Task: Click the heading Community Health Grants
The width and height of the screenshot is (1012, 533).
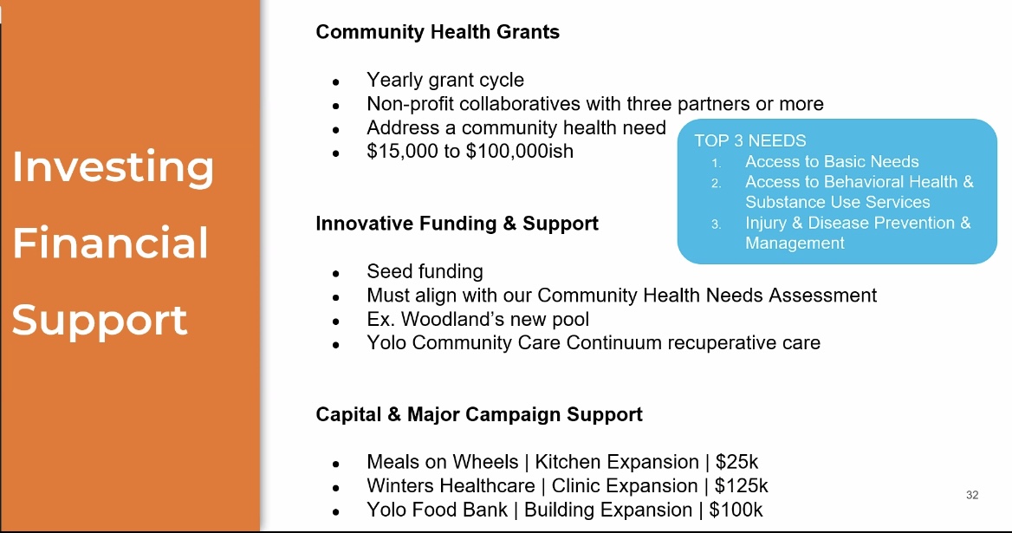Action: coord(438,32)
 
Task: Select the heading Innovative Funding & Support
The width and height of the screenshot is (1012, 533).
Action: coord(457,224)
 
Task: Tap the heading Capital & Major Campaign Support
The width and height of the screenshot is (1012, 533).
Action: coord(479,414)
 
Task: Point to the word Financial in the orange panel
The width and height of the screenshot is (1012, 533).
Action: coord(110,244)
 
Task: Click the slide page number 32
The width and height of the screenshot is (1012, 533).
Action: coord(972,495)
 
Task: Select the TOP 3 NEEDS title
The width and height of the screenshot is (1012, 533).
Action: coord(750,140)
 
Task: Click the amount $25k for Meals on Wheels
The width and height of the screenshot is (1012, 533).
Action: coord(736,462)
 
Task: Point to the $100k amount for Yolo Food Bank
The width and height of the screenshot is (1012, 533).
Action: coord(736,510)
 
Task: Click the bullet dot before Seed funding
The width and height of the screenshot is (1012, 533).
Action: coord(335,274)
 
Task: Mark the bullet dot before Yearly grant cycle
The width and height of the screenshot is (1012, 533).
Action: coord(335,82)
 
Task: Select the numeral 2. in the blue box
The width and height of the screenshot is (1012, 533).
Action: coord(717,183)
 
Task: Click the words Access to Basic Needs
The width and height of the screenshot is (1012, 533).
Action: coord(832,161)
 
